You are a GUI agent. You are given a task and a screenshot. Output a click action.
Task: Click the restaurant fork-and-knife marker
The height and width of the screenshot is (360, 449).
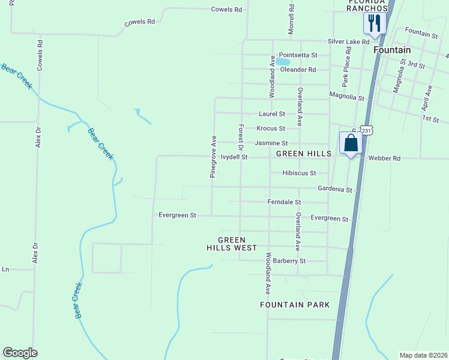point(374,24)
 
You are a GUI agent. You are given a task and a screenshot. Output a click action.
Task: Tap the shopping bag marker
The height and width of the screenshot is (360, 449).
point(351,144)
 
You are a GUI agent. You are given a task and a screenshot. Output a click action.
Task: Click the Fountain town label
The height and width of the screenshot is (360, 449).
point(392,50)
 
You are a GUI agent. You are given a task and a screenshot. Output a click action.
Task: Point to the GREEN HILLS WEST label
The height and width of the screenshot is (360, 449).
point(232,244)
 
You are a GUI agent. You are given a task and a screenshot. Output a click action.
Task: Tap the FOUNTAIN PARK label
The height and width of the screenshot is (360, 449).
point(295,305)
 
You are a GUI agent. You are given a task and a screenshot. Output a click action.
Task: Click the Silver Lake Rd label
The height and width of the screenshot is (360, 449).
point(348,42)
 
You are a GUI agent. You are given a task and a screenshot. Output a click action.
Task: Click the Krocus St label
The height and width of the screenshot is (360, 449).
point(270,128)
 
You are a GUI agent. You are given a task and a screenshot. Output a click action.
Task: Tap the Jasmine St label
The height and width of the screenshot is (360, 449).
point(271,143)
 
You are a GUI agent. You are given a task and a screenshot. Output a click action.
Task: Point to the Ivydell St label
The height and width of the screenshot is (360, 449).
point(234,157)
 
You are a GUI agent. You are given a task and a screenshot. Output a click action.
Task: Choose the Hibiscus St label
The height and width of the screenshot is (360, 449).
point(300,173)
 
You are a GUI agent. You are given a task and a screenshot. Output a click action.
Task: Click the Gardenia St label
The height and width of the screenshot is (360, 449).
point(335,190)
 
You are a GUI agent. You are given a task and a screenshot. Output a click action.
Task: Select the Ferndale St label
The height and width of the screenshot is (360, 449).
point(284,203)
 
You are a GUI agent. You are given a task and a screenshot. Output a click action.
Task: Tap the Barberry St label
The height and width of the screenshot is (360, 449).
point(289,261)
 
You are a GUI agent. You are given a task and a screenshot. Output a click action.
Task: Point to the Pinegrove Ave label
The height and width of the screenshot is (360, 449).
point(212,156)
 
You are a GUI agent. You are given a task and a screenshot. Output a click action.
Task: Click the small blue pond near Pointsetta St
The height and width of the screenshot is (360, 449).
point(283,62)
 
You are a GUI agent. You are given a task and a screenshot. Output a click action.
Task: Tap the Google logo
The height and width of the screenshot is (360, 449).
point(20,353)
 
